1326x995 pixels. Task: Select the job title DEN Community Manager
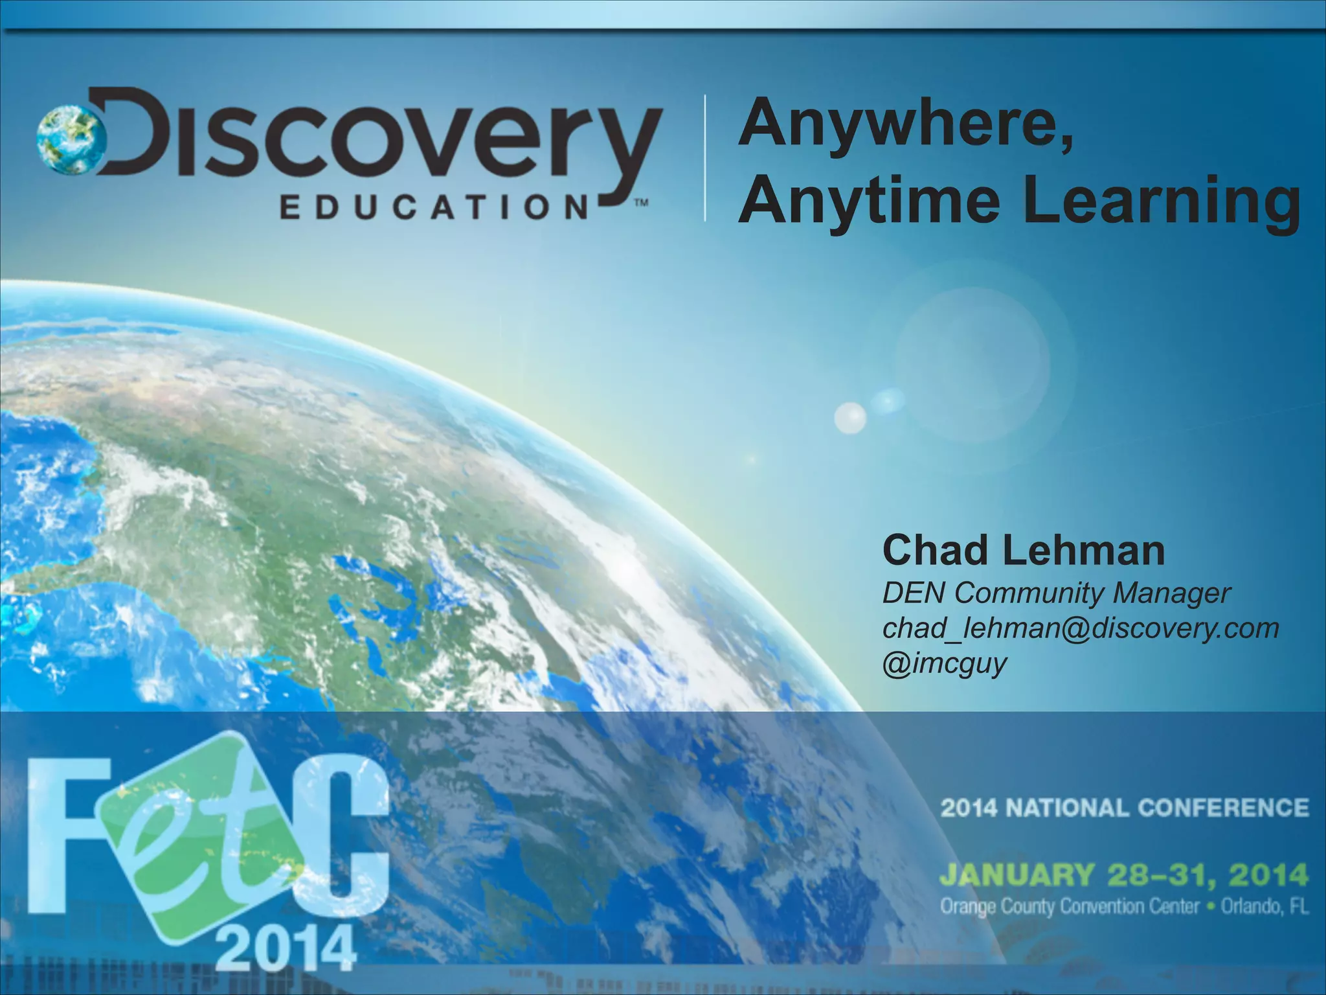(x=1055, y=593)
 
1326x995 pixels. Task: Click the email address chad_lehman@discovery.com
(x=1080, y=628)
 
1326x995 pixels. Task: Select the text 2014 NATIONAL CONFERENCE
(x=1124, y=808)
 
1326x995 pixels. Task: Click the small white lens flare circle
(x=850, y=417)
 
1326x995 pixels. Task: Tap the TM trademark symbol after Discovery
(x=640, y=202)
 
